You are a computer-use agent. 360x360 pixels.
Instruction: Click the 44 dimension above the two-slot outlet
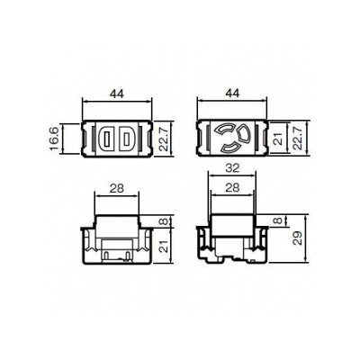coord(117,94)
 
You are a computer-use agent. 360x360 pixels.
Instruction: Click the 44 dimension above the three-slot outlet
coord(232,94)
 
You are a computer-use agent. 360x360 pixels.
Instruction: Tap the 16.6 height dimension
coord(53,139)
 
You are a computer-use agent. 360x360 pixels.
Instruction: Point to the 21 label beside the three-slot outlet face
coord(279,139)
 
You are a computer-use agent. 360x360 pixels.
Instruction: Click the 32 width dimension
coord(232,168)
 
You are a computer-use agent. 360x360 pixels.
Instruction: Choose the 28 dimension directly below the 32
coord(232,187)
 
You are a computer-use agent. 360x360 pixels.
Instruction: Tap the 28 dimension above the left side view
coord(117,188)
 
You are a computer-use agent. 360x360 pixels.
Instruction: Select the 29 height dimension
coord(297,238)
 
